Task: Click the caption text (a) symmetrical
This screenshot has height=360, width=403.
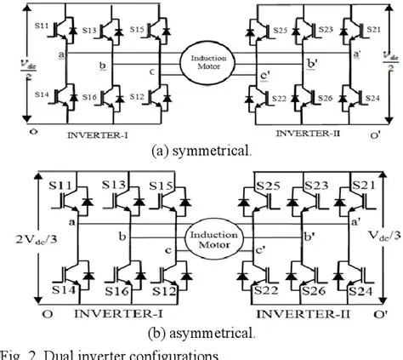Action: click(201, 151)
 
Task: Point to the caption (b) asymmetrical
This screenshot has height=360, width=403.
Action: click(202, 329)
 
